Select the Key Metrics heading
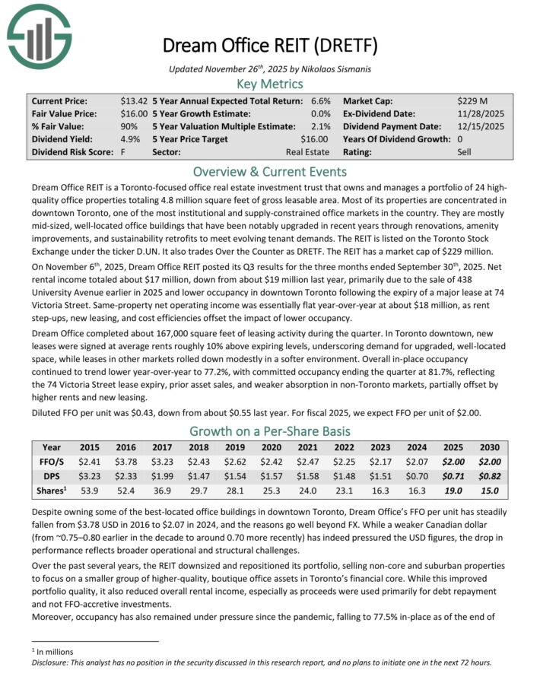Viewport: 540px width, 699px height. tap(269, 84)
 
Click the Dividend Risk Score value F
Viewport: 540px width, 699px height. tap(123, 152)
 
